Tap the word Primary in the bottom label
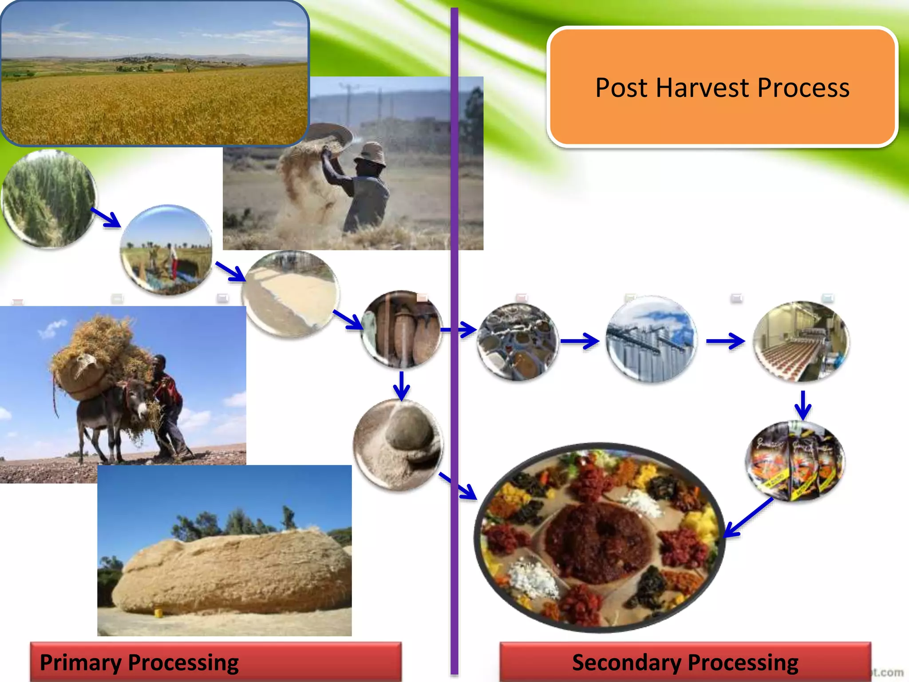click(80, 662)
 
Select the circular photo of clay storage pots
click(402, 329)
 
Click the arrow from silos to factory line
click(725, 341)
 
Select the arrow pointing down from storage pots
click(401, 385)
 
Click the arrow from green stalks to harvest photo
click(106, 218)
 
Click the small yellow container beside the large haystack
click(157, 613)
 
